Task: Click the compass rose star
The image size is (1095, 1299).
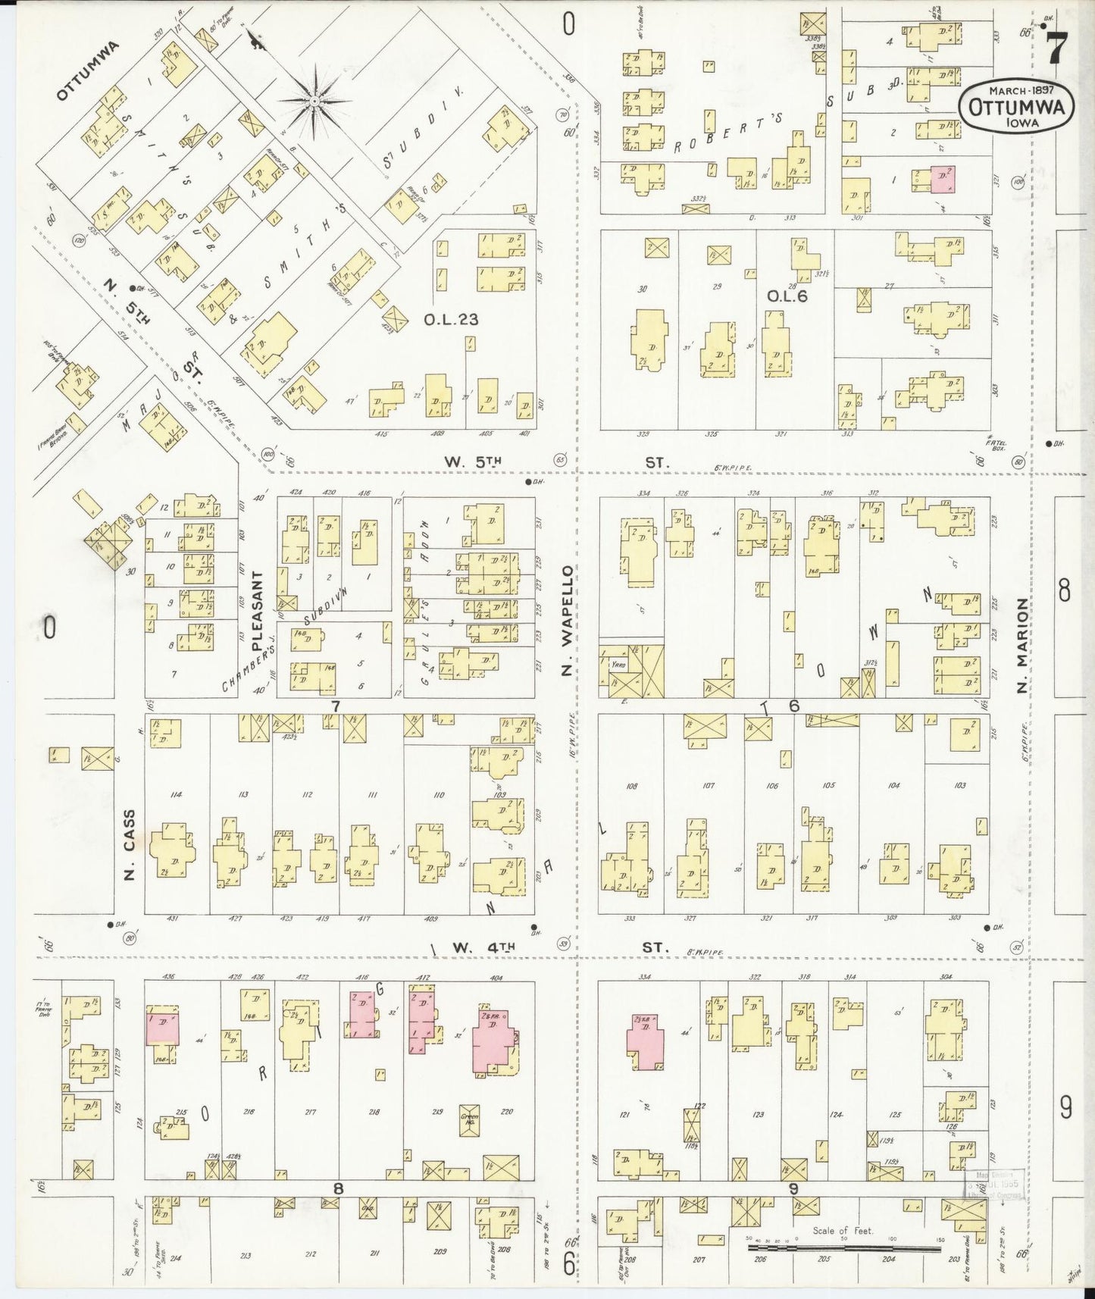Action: [314, 100]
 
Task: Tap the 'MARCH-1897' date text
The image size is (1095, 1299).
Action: [1015, 89]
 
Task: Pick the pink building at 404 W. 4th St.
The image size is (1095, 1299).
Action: [493, 1039]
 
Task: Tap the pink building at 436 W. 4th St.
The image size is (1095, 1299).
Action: [163, 1028]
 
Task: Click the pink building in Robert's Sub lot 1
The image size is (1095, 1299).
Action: [943, 180]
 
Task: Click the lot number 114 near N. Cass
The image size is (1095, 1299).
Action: [177, 793]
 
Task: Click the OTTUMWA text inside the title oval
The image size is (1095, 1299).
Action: [1015, 108]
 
